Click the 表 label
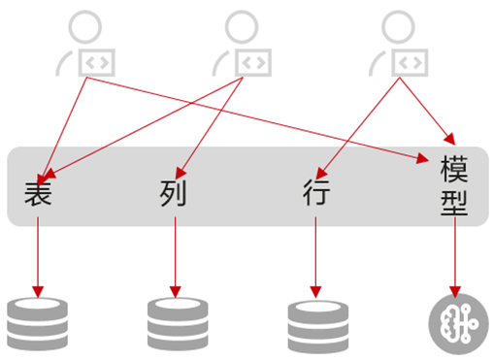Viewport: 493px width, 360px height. [x=38, y=193]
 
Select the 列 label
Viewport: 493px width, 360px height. [x=174, y=193]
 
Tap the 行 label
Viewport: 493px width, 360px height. [x=316, y=192]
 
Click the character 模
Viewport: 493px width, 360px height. [x=454, y=169]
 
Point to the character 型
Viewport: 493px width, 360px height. [x=454, y=203]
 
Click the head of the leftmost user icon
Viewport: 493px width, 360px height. [x=85, y=27]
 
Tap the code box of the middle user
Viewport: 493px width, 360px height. [x=253, y=63]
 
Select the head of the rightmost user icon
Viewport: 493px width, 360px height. [x=398, y=27]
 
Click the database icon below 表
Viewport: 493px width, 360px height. [x=37, y=324]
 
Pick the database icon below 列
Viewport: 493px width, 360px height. [x=178, y=324]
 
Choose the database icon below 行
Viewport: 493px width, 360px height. [x=318, y=327]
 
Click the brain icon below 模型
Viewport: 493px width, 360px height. [x=458, y=324]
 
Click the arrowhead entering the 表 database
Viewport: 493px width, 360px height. [x=38, y=292]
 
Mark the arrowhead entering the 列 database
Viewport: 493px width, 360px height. [x=176, y=292]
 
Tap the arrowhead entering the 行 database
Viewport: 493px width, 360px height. [x=315, y=292]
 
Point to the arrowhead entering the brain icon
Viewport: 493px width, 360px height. [x=455, y=292]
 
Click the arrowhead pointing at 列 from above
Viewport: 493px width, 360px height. [x=181, y=174]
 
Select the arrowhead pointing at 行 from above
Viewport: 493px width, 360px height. [x=320, y=174]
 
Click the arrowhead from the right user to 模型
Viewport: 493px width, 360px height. [x=450, y=139]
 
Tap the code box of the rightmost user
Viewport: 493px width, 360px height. [x=410, y=63]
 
